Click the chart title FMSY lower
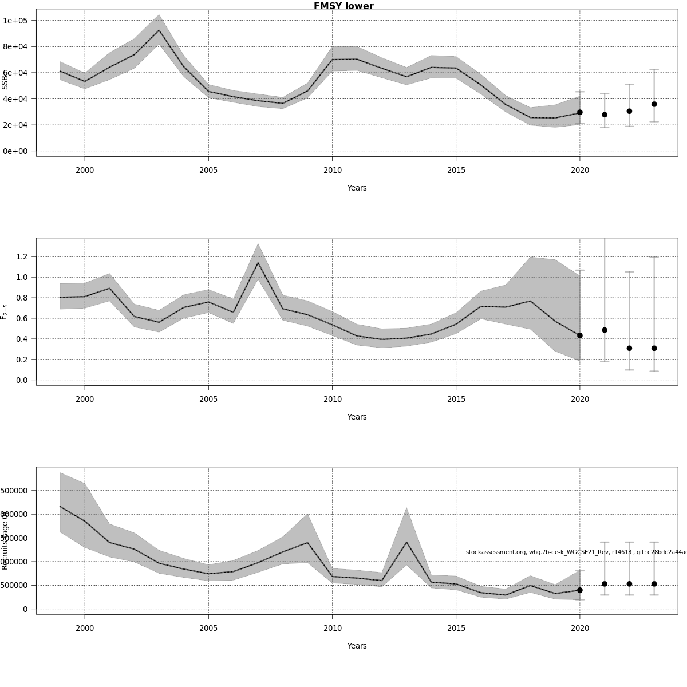pos(343,6)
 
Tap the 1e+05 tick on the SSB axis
pos(19,21)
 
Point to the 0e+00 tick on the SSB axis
pos(19,151)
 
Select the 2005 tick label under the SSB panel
pos(208,170)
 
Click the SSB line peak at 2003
pos(159,30)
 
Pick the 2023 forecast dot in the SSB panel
pos(654,104)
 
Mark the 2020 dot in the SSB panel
pos(580,112)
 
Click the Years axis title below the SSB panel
pos(357,188)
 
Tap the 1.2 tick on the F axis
pos(22,256)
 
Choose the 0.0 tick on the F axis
pos(22,380)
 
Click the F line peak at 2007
pos(258,263)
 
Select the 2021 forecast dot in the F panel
pos(605,330)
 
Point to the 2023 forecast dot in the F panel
pos(654,348)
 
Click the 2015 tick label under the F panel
pos(456,399)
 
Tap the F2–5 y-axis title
pos(5,311)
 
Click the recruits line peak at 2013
pos(406,542)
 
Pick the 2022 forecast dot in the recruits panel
pos(629,584)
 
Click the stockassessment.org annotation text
pos(575,552)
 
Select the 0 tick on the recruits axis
pos(25,609)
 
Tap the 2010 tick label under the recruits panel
pos(332,628)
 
